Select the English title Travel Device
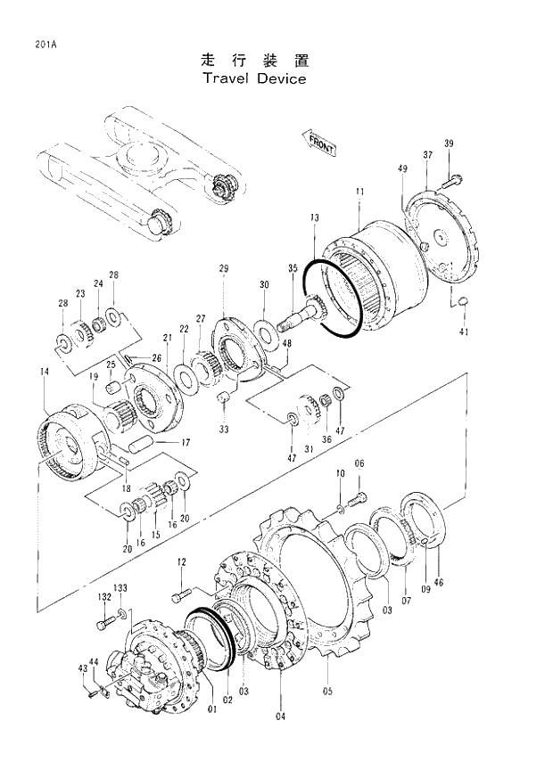pyautogui.click(x=254, y=78)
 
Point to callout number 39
pyautogui.click(x=449, y=144)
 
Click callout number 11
pyautogui.click(x=359, y=192)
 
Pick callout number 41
pyautogui.click(x=463, y=332)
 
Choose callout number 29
pyautogui.click(x=223, y=268)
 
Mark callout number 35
pyautogui.click(x=293, y=268)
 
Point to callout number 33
pyautogui.click(x=224, y=429)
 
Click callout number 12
pyautogui.click(x=181, y=561)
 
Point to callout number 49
pyautogui.click(x=403, y=168)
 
